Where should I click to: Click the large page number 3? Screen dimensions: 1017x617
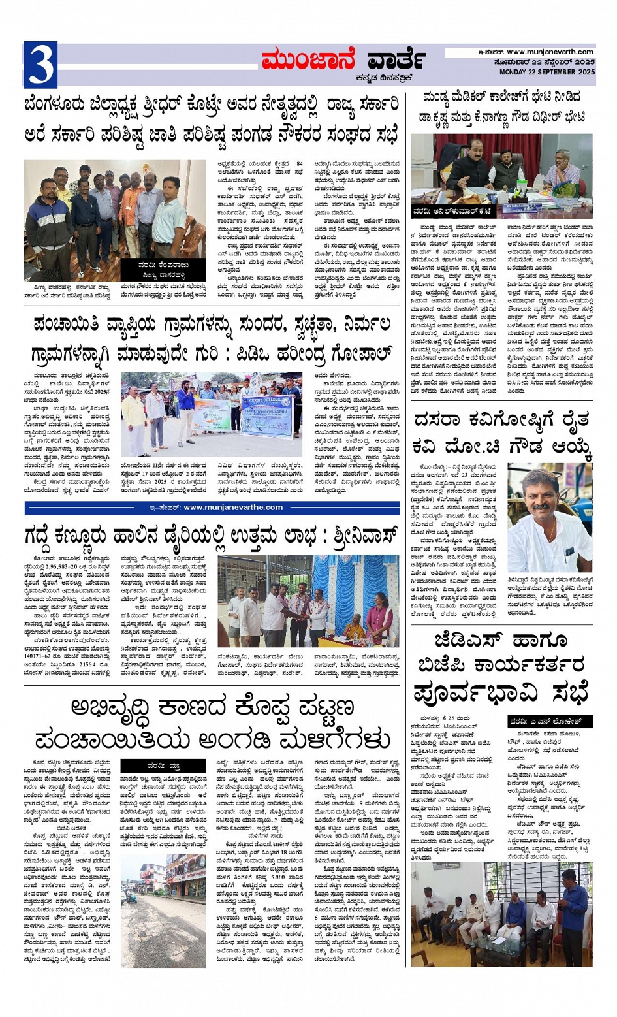(40, 64)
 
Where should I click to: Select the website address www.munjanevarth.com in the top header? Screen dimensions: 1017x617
(550, 52)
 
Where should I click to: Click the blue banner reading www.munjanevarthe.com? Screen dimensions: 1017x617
(212, 508)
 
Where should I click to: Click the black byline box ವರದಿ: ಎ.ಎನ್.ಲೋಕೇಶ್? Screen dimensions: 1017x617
(550, 722)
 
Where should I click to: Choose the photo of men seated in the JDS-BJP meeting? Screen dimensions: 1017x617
(501, 913)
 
